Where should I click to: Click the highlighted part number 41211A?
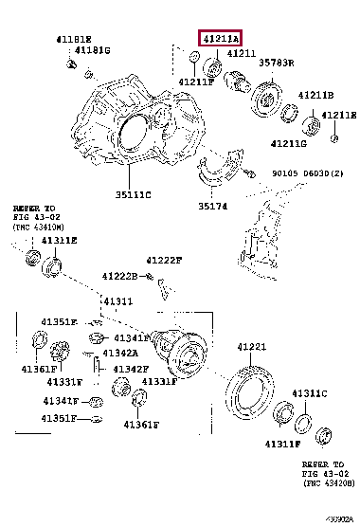coord(220,39)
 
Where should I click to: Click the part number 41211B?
coord(315,96)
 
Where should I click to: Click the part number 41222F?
coord(164,260)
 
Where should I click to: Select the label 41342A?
coord(133,354)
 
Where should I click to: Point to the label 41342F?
coord(133,369)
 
